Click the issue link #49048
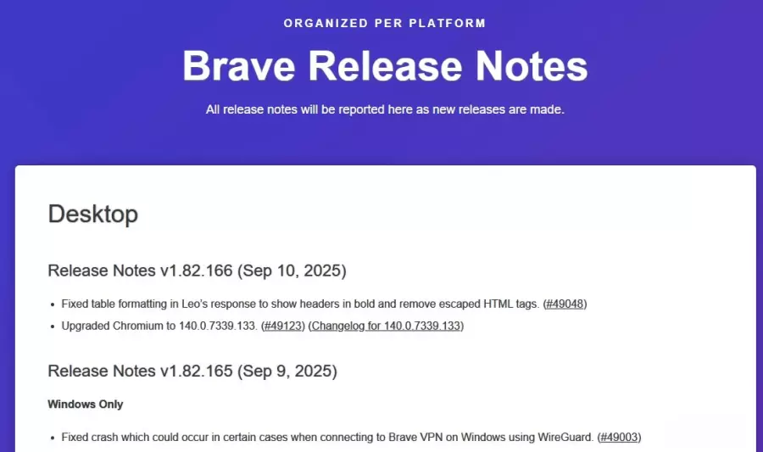[565, 304]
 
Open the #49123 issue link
[283, 326]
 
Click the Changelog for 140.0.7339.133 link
[386, 326]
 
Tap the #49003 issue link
[619, 438]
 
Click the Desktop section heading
[93, 214]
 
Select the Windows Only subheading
[85, 405]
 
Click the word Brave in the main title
[239, 66]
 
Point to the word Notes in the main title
[532, 66]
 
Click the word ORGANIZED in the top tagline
[326, 24]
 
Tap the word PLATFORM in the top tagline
[447, 24]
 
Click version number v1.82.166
[197, 271]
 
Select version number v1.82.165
[197, 371]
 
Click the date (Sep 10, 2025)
[292, 271]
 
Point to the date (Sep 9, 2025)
[287, 371]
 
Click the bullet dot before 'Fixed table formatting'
[53, 305]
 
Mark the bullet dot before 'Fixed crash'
[53, 438]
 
